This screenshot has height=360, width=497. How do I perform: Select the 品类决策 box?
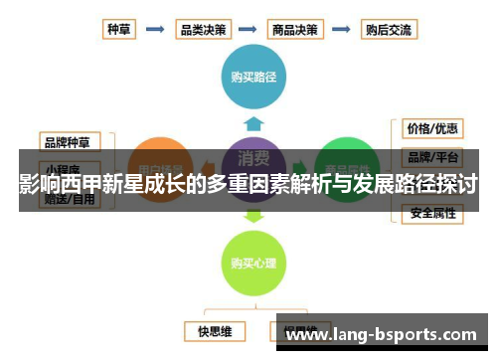[x=203, y=30]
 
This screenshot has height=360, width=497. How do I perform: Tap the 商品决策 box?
[x=294, y=30]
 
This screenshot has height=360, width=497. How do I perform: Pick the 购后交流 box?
[x=388, y=30]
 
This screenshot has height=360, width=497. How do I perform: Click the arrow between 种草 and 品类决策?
[x=155, y=30]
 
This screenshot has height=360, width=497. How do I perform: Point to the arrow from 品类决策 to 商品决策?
[x=248, y=30]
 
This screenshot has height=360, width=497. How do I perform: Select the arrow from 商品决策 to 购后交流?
[x=341, y=30]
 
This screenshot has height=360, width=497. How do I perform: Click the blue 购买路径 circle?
[x=254, y=76]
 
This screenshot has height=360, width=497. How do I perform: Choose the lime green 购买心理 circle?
[x=254, y=263]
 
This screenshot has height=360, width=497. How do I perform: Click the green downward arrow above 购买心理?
[x=254, y=214]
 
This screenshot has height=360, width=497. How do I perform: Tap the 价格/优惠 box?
[x=431, y=128]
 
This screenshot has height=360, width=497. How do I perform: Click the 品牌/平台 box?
[x=431, y=157]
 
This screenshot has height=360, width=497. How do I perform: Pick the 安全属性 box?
[x=431, y=213]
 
